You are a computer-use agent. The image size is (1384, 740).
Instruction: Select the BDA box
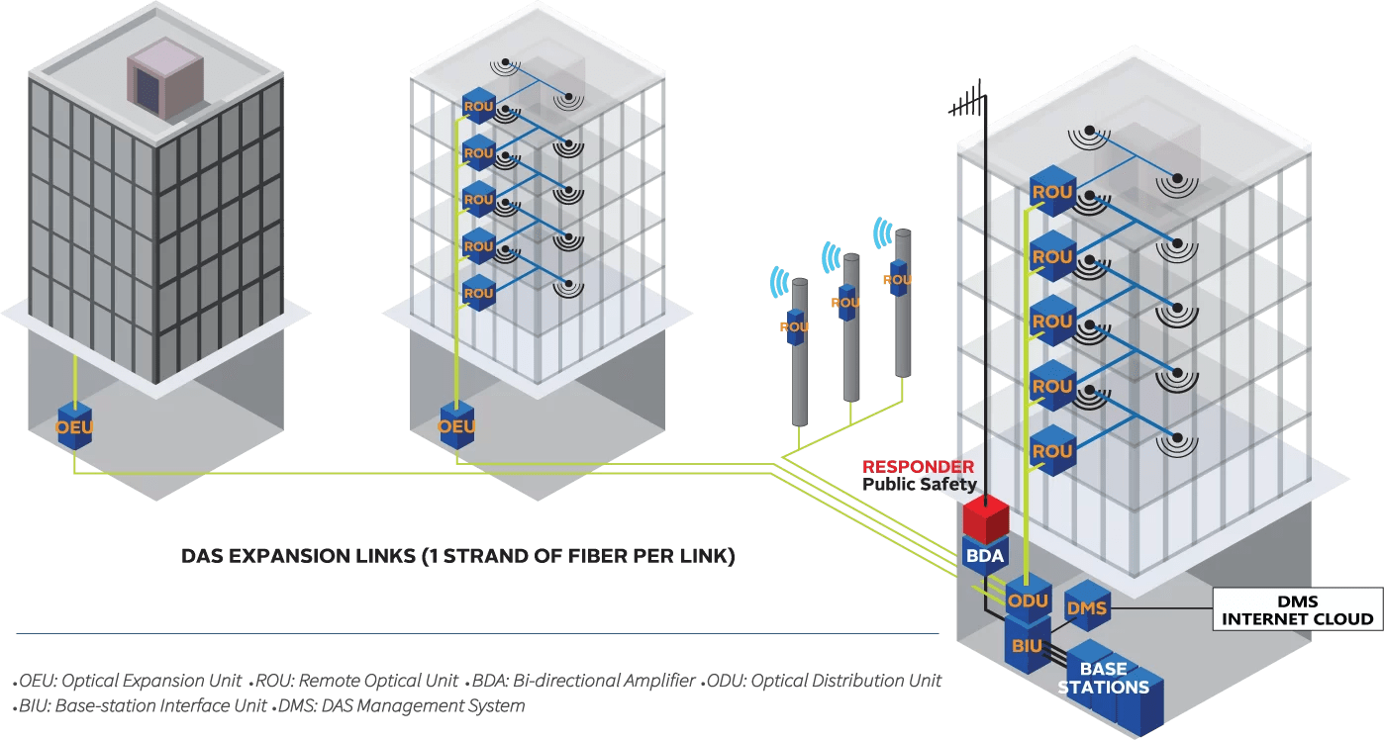pos(984,555)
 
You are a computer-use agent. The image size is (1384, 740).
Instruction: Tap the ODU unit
pos(1028,600)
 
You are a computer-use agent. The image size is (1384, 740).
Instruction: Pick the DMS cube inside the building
pos(1085,607)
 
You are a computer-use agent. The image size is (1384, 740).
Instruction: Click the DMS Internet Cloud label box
pos(1298,610)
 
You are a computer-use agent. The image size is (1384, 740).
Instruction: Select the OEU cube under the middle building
pos(456,426)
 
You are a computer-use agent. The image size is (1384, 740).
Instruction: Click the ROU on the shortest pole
pos(795,325)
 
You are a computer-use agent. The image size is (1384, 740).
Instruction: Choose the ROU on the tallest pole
pos(898,280)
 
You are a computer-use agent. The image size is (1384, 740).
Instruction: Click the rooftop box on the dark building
pos(164,78)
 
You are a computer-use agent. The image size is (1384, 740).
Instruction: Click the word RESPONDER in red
pos(918,467)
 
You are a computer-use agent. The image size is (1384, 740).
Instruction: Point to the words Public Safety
pos(919,485)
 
